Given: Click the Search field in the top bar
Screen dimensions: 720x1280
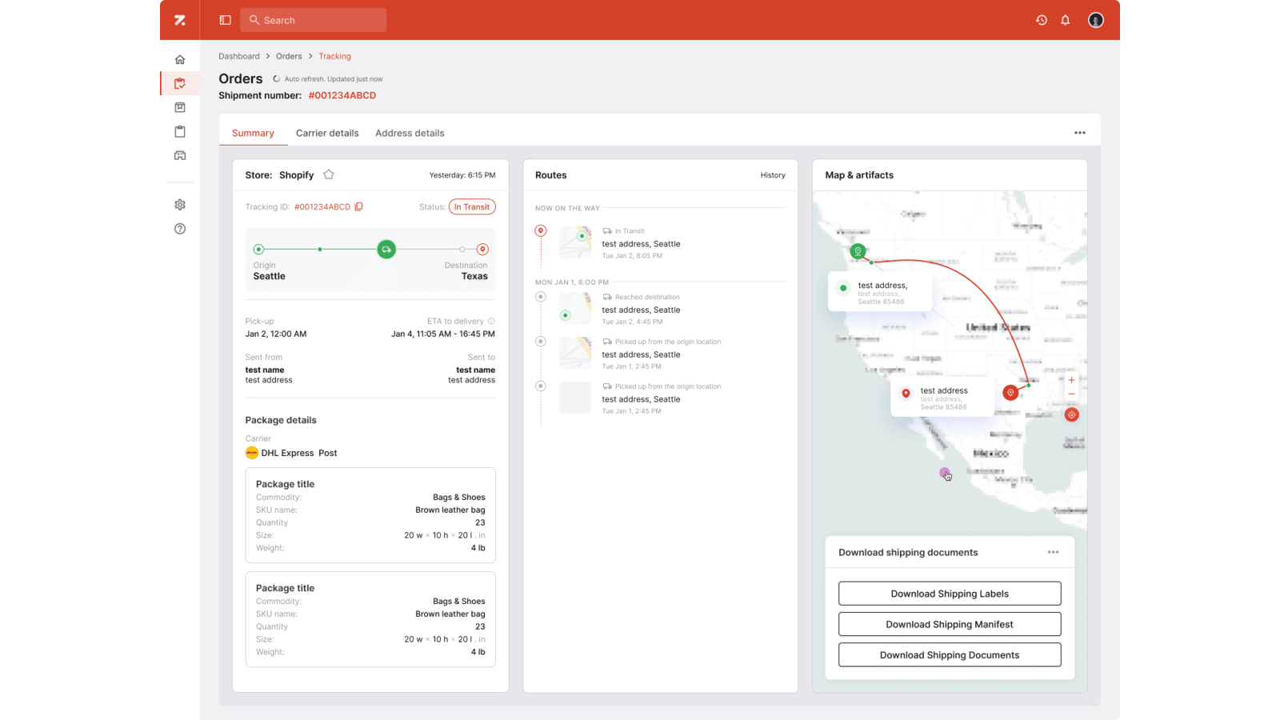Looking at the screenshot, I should click(313, 20).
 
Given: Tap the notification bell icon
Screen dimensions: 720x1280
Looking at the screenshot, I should click(1065, 20).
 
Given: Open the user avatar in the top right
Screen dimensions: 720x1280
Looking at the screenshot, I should click(1095, 20).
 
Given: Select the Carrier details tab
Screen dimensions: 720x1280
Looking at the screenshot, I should click(327, 133).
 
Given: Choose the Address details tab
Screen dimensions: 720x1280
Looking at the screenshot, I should click(410, 133).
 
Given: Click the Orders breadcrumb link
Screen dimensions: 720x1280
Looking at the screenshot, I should click(289, 56).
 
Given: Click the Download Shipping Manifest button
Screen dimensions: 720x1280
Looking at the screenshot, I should click(949, 624).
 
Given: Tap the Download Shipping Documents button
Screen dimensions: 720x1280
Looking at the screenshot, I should click(949, 654).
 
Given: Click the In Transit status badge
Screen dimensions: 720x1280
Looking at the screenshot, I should click(472, 206).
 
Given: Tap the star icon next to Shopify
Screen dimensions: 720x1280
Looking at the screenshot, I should click(329, 174).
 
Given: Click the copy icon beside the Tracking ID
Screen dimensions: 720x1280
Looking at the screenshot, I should click(359, 206).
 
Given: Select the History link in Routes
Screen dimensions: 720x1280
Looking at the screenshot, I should click(772, 175).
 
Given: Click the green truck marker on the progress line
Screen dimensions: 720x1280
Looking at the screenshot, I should click(386, 250).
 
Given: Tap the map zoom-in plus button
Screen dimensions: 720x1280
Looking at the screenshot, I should click(1071, 380).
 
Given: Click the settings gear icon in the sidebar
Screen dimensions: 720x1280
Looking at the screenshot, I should click(180, 205).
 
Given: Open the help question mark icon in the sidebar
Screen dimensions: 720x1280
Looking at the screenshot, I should click(180, 229).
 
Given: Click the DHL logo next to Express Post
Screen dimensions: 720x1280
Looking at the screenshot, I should click(252, 453).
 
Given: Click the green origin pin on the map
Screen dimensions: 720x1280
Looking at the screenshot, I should click(858, 251).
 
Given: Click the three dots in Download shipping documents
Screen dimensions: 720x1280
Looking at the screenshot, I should click(1053, 552).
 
